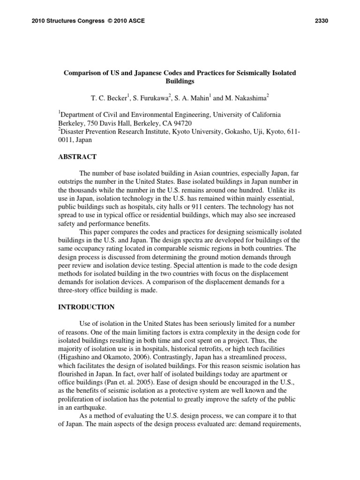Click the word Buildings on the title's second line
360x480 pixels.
180,81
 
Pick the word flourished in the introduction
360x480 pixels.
75,375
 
